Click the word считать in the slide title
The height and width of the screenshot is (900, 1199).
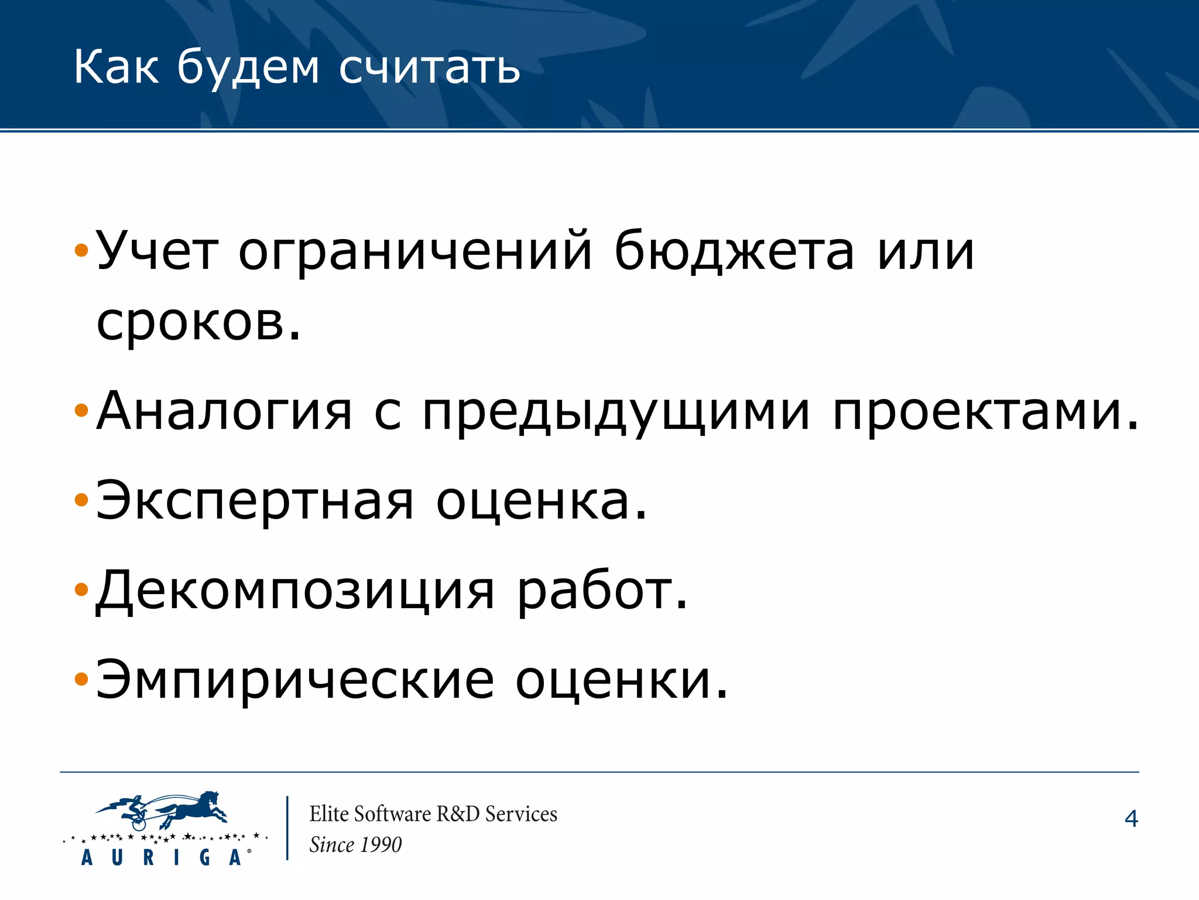[x=429, y=68]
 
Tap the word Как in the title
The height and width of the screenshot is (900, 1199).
[x=116, y=67]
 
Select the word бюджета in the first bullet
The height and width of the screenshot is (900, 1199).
[x=734, y=253]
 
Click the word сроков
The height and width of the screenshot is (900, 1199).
[x=198, y=323]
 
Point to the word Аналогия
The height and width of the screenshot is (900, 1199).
[x=224, y=411]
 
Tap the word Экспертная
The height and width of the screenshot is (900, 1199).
[x=255, y=501]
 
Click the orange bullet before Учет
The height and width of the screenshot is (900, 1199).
[x=81, y=252]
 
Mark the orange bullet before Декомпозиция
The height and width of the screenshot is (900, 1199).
[x=81, y=589]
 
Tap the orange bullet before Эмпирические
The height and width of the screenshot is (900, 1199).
[x=81, y=679]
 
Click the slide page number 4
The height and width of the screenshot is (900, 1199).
[x=1131, y=819]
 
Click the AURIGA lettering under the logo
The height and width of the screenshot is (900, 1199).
[x=162, y=857]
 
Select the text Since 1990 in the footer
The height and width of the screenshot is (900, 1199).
[x=355, y=844]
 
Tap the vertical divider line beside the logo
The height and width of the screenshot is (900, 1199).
[x=287, y=827]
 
